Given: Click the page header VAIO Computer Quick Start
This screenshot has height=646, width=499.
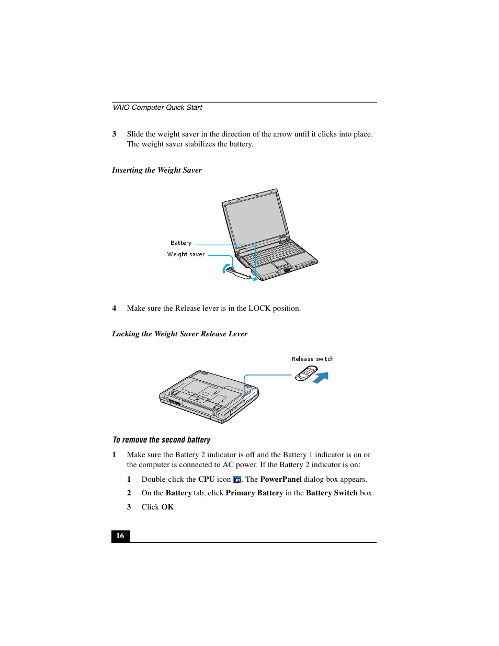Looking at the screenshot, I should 157,108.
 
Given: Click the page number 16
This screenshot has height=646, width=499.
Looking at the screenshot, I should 120,536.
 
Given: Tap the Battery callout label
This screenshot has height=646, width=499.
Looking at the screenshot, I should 181,243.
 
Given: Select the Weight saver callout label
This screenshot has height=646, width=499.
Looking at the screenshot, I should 186,255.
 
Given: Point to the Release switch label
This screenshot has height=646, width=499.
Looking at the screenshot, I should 312,359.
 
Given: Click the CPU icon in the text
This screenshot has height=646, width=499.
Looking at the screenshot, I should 237,480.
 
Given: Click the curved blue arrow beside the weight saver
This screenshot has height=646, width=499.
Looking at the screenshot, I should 226,268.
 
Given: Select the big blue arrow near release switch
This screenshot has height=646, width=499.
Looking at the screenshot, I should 321,378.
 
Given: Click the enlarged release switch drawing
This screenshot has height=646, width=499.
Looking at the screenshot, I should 306,373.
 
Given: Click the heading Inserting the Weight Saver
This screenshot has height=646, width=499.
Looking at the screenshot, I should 157,171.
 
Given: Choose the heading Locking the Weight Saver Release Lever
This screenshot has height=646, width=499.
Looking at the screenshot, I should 179,334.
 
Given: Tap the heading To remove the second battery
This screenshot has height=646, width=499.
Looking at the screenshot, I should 162,440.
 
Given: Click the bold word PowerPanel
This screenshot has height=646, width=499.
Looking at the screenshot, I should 280,480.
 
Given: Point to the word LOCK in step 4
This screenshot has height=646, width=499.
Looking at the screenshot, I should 259,309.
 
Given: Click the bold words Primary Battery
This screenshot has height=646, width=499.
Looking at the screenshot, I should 254,493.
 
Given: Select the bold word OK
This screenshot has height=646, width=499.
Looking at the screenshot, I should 167,507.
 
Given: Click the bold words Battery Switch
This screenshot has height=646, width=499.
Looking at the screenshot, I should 332,493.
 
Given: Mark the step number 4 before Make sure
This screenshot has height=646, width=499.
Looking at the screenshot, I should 114,309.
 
